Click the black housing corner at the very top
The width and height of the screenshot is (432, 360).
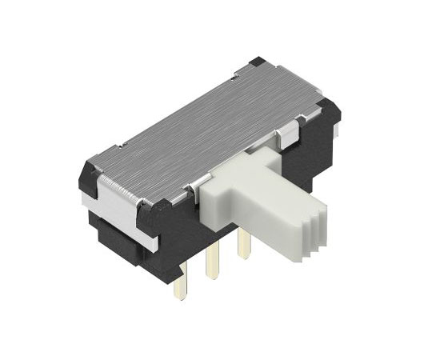(x=256, y=63)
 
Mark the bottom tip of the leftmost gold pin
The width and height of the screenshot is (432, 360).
(x=180, y=296)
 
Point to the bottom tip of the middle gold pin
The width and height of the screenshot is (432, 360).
(x=212, y=276)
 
